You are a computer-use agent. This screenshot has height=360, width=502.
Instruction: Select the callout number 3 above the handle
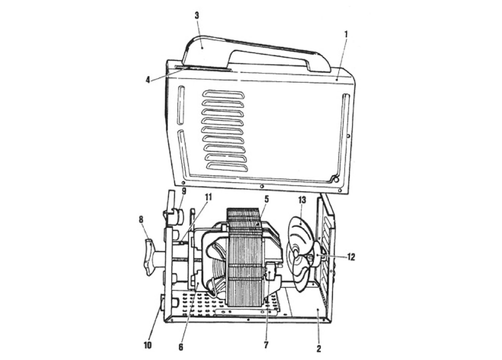pyautogui.click(x=196, y=16)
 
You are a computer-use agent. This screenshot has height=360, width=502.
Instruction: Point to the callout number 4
pyautogui.click(x=148, y=80)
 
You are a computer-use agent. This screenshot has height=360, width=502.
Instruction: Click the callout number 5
pyautogui.click(x=266, y=199)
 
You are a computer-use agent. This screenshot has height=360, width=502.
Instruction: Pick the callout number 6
pyautogui.click(x=181, y=347)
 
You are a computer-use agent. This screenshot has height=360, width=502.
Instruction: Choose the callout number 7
pyautogui.click(x=266, y=345)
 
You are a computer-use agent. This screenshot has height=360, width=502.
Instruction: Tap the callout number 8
pyautogui.click(x=141, y=220)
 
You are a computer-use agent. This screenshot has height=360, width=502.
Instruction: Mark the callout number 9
pyautogui.click(x=184, y=191)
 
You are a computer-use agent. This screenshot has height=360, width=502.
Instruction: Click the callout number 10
pyautogui.click(x=148, y=345)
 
